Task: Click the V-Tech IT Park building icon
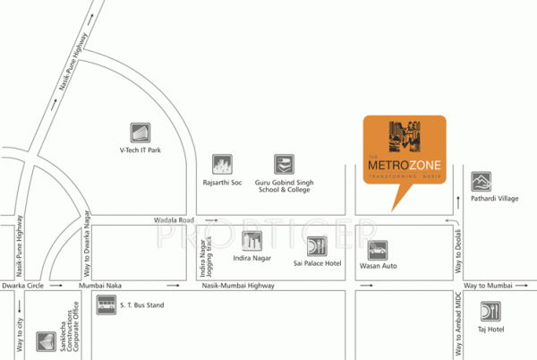tap(141, 132)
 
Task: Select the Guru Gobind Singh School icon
tap(283, 165)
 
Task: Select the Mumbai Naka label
tap(98, 285)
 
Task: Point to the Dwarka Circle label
tap(22, 285)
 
